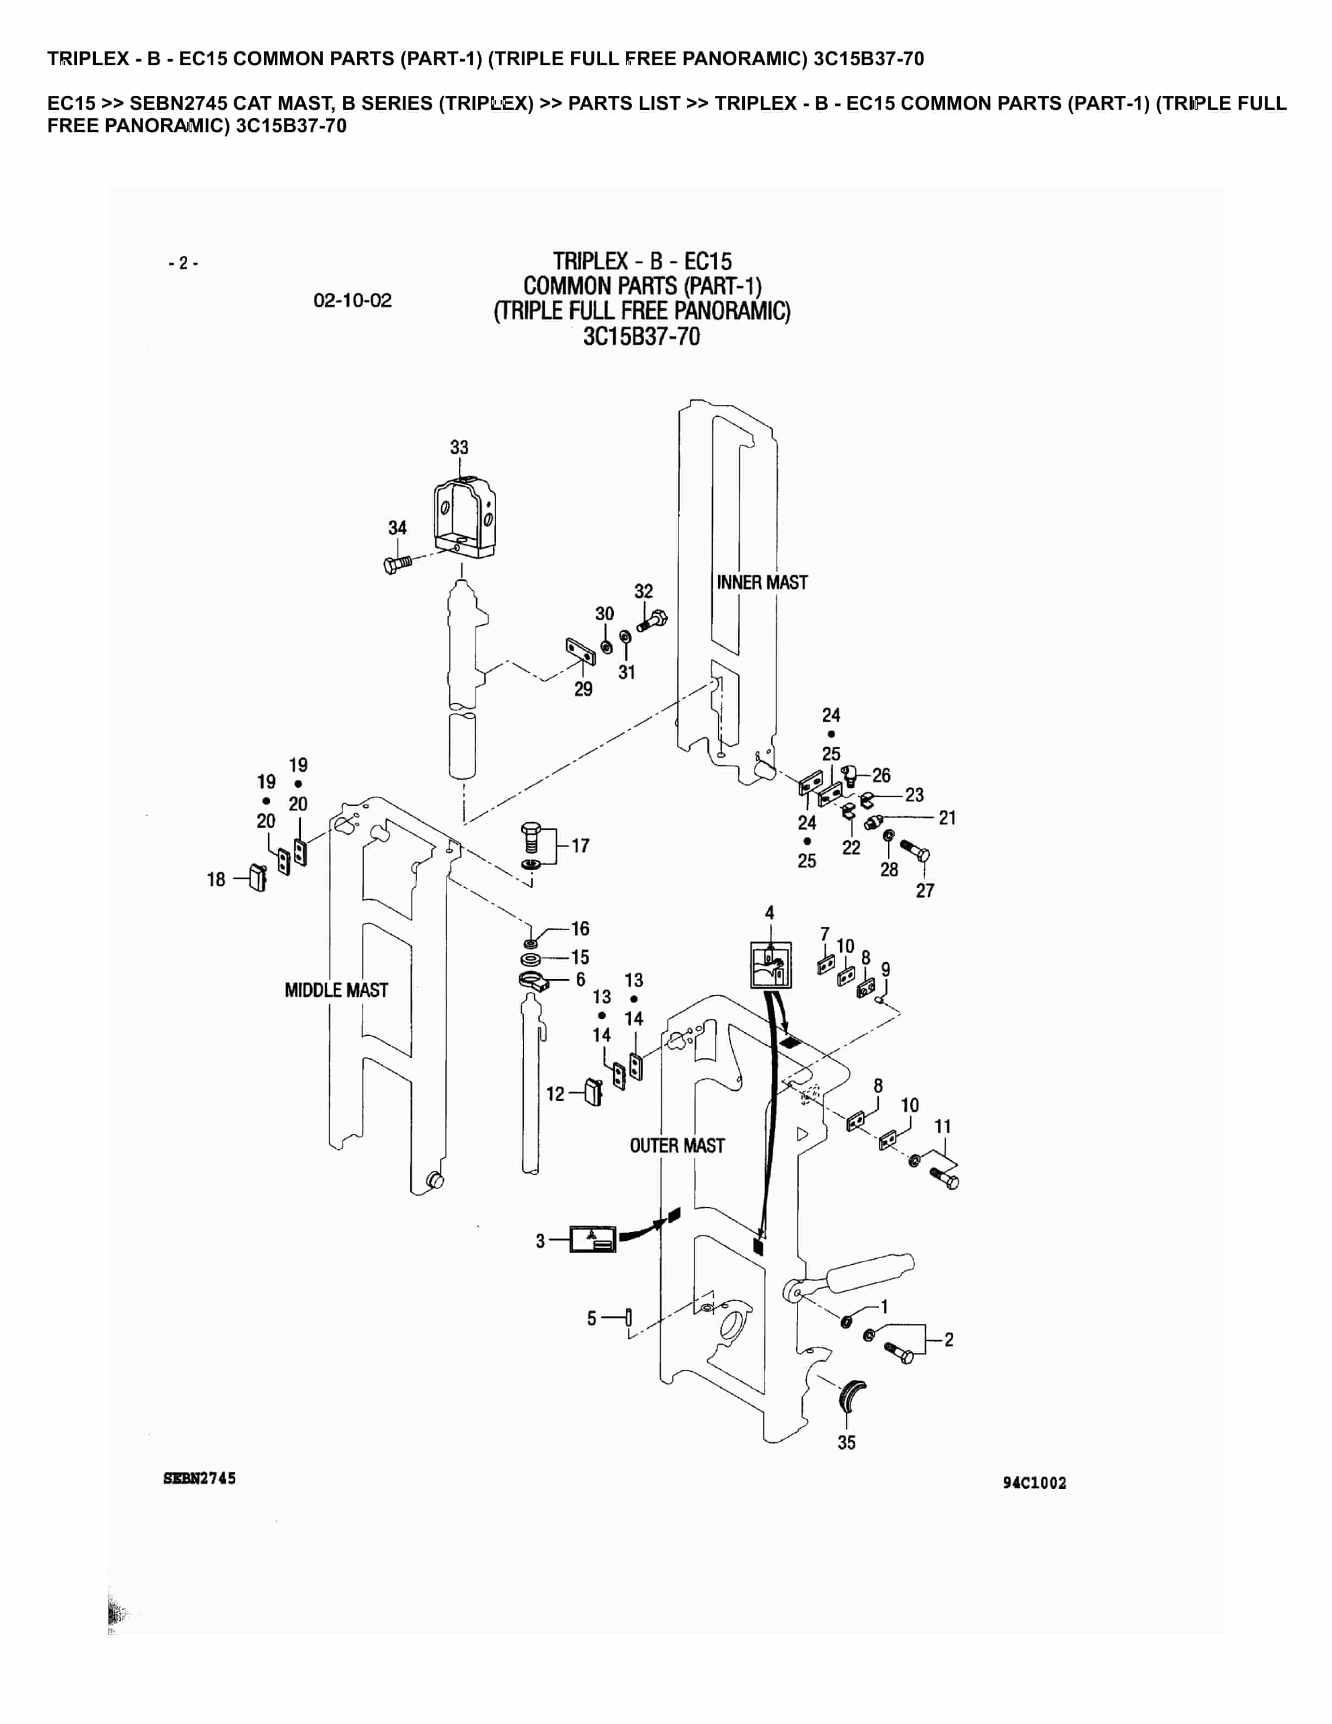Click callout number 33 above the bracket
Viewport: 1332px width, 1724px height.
pyautogui.click(x=459, y=447)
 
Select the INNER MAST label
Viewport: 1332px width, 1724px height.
pyautogui.click(x=761, y=583)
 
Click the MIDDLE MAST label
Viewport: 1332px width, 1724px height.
pyautogui.click(x=336, y=990)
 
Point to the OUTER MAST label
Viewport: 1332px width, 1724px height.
pyautogui.click(x=676, y=1146)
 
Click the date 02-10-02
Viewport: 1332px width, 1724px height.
pyautogui.click(x=353, y=301)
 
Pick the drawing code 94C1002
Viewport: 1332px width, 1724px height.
pyautogui.click(x=1034, y=1483)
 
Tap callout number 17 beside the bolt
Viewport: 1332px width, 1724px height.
pyautogui.click(x=581, y=846)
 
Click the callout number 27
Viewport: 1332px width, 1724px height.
pyautogui.click(x=925, y=890)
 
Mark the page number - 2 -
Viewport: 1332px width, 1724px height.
pyautogui.click(x=183, y=263)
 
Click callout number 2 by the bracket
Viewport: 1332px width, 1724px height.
pyautogui.click(x=948, y=1340)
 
